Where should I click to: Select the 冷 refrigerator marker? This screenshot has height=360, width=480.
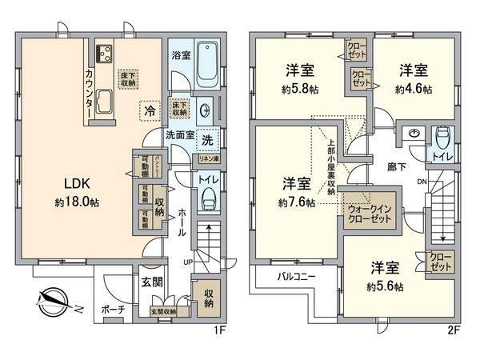[149, 111]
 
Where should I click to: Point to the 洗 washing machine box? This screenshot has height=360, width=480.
[207, 139]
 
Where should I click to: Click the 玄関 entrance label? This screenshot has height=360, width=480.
[153, 282]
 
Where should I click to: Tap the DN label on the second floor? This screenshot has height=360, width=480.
[422, 182]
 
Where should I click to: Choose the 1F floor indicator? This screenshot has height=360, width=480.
[226, 327]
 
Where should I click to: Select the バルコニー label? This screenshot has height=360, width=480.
[296, 277]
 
